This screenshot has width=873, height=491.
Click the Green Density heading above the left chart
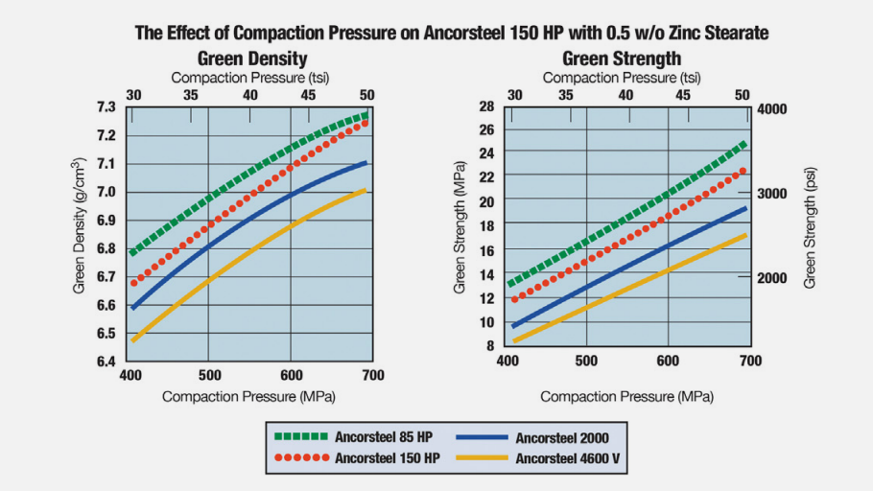pyautogui.click(x=251, y=58)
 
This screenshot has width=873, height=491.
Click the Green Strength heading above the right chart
pyautogui.click(x=622, y=58)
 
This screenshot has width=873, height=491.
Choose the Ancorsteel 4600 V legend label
pyautogui.click(x=567, y=458)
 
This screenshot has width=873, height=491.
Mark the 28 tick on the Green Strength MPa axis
pyautogui.click(x=487, y=106)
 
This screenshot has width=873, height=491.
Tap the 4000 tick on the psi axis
pyautogui.click(x=772, y=108)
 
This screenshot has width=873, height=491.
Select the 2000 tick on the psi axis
pyautogui.click(x=772, y=278)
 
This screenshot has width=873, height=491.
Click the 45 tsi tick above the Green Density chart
pyautogui.click(x=309, y=95)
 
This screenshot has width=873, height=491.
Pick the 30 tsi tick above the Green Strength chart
pyautogui.click(x=515, y=95)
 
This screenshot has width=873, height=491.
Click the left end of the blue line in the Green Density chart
pyautogui.click(x=133, y=307)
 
